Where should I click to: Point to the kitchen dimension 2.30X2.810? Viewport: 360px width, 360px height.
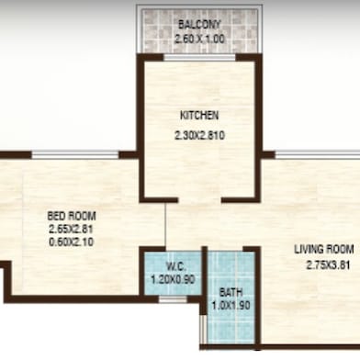coord(199,135)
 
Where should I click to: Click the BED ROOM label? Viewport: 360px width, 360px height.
coord(71,217)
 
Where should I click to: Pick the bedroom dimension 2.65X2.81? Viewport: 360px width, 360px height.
coord(71,230)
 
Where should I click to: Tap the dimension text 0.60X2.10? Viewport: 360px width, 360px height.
coord(71,242)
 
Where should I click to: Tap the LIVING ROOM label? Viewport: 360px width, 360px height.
coord(322,249)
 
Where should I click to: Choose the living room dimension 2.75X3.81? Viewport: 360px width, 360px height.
coord(322,266)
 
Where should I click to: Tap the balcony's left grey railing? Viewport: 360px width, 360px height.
coord(140,28)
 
